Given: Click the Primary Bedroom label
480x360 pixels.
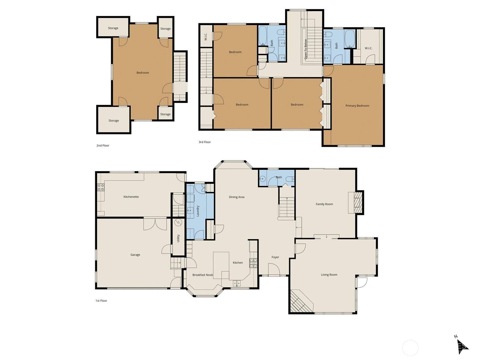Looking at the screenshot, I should point(357,106).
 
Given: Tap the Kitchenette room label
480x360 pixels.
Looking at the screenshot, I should point(131,197).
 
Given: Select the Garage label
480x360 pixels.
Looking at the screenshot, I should point(135,255).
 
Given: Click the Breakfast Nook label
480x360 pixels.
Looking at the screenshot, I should point(202,275).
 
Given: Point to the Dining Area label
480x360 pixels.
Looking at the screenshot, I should point(236,197).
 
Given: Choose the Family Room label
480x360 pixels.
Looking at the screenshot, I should point(324,204).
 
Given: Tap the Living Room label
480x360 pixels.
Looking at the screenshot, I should point(329,274).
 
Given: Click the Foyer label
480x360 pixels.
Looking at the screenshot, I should point(275,257).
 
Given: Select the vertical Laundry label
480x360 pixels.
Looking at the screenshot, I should point(198,211).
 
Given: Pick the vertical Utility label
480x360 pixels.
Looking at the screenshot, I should point(178,238).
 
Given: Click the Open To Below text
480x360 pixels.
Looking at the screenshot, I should point(306,49).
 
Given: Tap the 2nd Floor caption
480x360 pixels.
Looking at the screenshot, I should point(103,145).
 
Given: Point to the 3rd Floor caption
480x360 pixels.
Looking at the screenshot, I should point(205,142).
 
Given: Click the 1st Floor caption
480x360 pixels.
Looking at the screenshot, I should point(101,301).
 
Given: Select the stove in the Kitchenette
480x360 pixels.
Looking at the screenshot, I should point(101,187).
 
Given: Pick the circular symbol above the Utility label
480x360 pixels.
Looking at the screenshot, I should point(178,222).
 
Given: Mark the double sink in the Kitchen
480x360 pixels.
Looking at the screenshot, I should point(237,283).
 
